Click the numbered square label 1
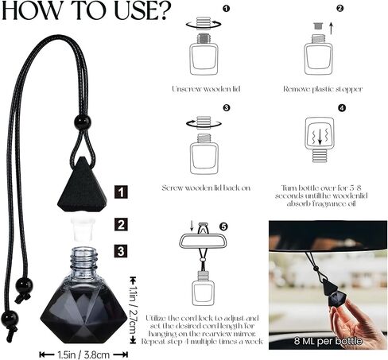coord(119,192)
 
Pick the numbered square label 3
coord(119,252)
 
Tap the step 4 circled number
coord(342,109)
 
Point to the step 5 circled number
coord(223,226)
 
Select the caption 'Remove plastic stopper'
coord(321,89)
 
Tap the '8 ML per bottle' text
coord(327,342)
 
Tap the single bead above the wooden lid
coord(82,122)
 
